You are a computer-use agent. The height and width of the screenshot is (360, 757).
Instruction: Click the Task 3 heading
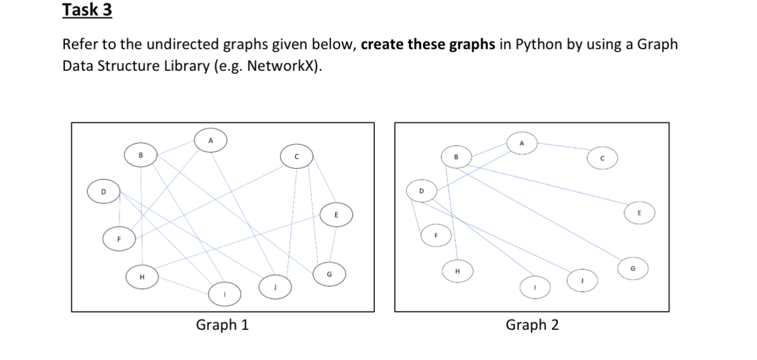[87, 11]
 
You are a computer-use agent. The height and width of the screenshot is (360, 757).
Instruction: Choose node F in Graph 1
[119, 238]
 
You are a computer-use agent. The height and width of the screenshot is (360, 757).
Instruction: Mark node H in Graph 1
[142, 278]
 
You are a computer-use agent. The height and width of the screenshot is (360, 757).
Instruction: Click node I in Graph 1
[225, 294]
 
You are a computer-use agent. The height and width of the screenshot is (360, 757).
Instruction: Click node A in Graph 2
[521, 144]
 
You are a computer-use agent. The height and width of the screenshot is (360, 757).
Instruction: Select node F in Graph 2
[437, 235]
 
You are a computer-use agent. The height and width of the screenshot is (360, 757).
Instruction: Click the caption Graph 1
[222, 325]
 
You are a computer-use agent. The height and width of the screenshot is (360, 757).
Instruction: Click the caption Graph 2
[532, 325]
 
